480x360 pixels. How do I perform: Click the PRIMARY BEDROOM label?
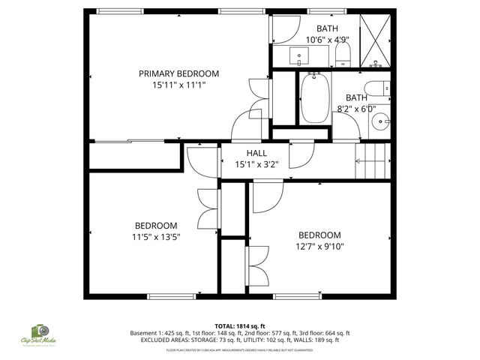(178, 73)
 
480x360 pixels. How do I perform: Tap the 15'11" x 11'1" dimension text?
(178, 85)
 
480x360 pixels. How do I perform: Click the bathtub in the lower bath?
(313, 98)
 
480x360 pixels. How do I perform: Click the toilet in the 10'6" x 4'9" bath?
(343, 52)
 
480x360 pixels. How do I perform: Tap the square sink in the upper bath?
(299, 55)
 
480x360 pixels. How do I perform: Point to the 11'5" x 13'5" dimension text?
(157, 237)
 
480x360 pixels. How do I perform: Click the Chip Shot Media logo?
(38, 334)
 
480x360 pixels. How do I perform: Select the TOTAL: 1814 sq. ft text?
(239, 325)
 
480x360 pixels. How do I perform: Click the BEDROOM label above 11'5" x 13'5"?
(156, 226)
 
